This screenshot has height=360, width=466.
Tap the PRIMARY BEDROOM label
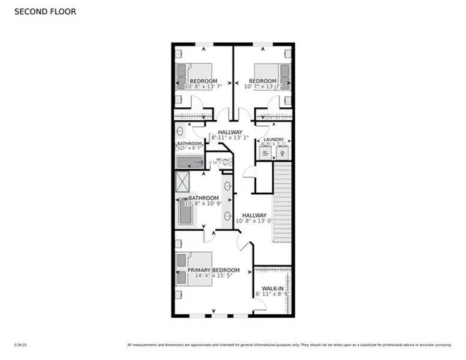(214, 269)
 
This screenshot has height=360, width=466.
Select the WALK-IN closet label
(272, 289)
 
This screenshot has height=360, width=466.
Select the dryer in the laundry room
(281, 153)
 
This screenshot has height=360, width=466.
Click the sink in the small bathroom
(180, 130)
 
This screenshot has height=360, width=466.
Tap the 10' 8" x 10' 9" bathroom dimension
(202, 205)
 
